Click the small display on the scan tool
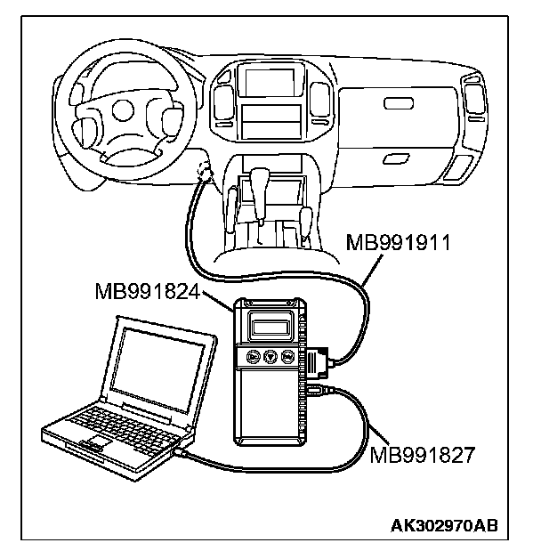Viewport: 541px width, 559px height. click(271, 323)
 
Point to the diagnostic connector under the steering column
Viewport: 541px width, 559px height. click(203, 173)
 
